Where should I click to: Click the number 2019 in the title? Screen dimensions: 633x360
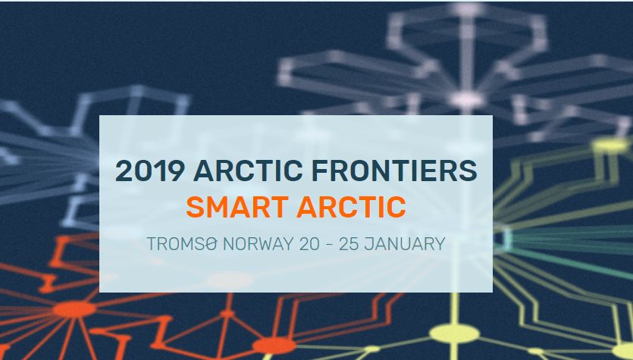(x=150, y=171)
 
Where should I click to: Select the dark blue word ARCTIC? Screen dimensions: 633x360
(x=248, y=171)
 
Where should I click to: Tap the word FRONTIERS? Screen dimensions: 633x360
(x=394, y=171)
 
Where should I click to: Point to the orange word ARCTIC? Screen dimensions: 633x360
(x=351, y=207)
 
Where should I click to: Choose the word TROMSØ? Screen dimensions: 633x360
(x=182, y=244)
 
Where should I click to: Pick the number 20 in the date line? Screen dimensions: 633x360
(x=309, y=244)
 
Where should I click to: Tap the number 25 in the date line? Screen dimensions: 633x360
(x=349, y=244)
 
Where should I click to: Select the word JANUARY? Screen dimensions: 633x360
(x=405, y=244)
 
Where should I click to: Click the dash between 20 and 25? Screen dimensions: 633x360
(x=329, y=245)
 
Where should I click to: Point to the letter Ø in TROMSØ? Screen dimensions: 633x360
(x=212, y=244)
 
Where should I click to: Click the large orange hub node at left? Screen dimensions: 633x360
(x=74, y=309)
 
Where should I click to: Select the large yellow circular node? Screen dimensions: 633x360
(x=455, y=333)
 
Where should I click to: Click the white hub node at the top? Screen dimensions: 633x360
(x=467, y=99)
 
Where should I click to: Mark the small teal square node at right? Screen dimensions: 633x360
(x=507, y=237)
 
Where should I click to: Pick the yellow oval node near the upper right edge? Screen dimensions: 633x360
(x=610, y=145)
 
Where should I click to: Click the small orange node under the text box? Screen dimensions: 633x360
(x=227, y=313)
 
